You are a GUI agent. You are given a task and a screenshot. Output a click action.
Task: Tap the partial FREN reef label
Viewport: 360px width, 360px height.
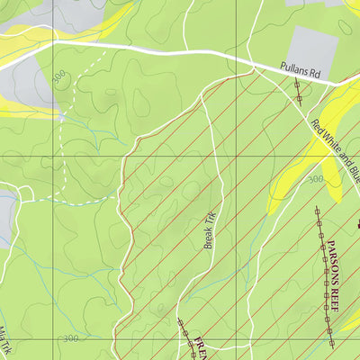click(201, 348)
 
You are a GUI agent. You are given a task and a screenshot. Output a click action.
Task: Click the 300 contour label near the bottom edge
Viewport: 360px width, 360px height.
click(72, 338)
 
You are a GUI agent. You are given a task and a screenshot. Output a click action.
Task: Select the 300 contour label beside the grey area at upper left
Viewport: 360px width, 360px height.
click(59, 79)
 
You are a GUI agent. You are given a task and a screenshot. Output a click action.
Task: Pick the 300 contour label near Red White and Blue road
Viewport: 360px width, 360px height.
click(314, 180)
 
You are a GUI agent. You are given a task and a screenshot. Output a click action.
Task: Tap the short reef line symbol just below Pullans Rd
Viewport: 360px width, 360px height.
click(297, 90)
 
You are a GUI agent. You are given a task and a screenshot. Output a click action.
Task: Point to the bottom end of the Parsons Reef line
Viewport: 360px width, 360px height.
click(332, 345)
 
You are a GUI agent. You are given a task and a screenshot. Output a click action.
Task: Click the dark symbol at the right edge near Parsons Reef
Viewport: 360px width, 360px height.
click(357, 223)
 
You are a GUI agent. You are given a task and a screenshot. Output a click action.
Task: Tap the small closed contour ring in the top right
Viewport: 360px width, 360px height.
click(345, 27)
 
